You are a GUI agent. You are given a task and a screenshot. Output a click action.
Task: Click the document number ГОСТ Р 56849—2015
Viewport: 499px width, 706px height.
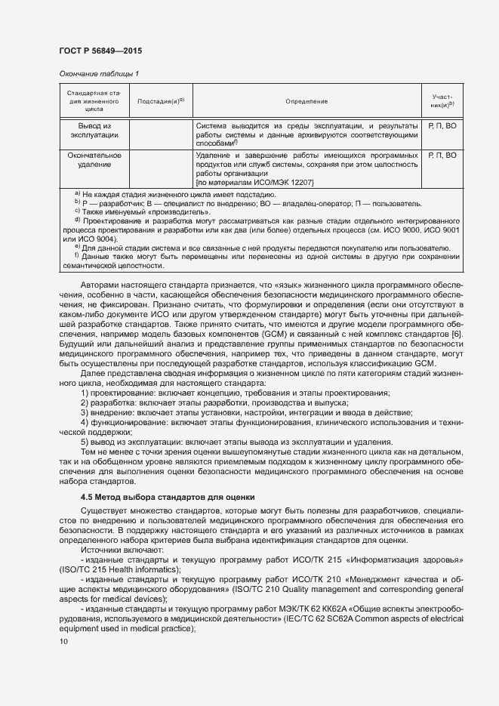click(100, 50)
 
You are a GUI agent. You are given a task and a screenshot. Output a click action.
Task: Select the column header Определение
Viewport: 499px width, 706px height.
click(306, 101)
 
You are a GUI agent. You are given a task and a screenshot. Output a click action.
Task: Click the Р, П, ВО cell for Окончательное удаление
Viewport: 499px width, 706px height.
click(442, 156)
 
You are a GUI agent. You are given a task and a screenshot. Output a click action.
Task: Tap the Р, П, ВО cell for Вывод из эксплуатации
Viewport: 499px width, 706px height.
click(442, 125)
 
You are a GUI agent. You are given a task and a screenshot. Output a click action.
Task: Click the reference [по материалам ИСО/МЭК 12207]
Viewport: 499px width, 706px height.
click(254, 183)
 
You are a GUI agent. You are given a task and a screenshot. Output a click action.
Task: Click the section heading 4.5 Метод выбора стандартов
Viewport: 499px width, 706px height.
click(168, 498)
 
